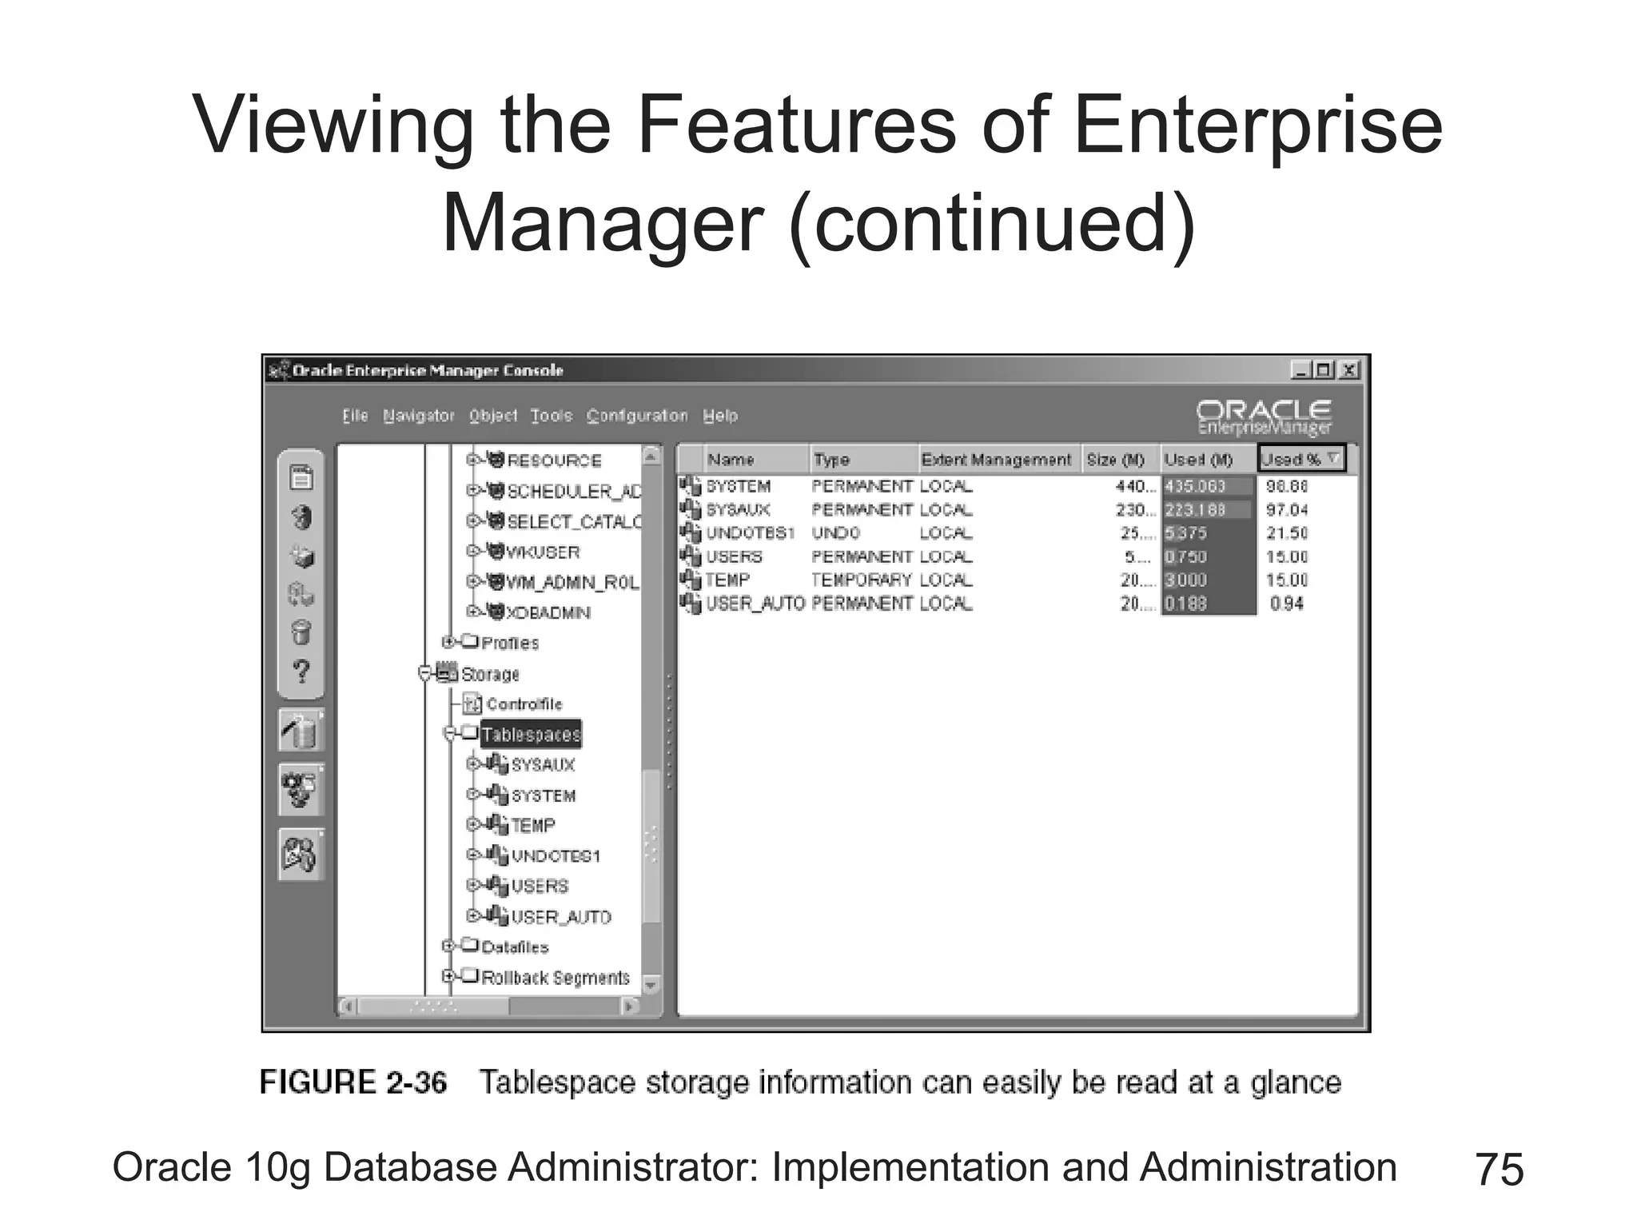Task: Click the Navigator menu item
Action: (418, 416)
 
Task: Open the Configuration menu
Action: (636, 416)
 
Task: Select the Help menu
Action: (720, 416)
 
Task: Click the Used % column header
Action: (1300, 460)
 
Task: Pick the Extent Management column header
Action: (996, 460)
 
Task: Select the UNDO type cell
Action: (836, 533)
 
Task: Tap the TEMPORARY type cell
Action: (861, 580)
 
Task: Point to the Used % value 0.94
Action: (1287, 604)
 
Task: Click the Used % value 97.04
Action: (1287, 510)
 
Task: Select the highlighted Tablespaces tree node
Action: (531, 735)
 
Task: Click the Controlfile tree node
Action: (524, 704)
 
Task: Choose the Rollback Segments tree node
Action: (556, 978)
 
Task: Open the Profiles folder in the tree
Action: (510, 643)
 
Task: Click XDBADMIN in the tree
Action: (548, 613)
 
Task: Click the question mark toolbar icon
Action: (301, 671)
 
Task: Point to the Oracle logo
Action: (1264, 417)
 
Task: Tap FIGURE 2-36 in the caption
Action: (353, 1082)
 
